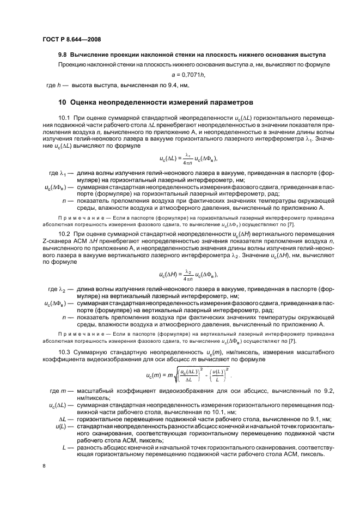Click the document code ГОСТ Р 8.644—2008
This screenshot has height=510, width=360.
point(71,39)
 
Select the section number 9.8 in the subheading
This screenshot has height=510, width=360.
point(64,55)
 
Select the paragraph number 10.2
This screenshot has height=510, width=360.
point(64,234)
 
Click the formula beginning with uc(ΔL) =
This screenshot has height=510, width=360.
point(188,159)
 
